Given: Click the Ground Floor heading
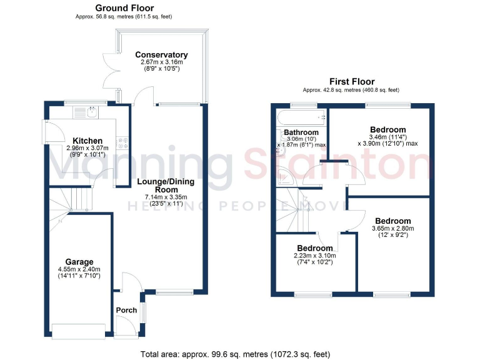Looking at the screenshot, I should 124,7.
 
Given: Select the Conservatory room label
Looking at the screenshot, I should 162,55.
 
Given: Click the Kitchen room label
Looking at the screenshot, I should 87,140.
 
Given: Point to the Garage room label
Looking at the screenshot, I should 79,262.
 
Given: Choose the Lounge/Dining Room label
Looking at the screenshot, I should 166,186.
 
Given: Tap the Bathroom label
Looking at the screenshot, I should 301,132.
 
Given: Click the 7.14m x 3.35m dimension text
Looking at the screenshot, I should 166,198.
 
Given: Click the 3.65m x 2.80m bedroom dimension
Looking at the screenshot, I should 392,228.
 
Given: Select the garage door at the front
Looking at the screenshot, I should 79,331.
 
